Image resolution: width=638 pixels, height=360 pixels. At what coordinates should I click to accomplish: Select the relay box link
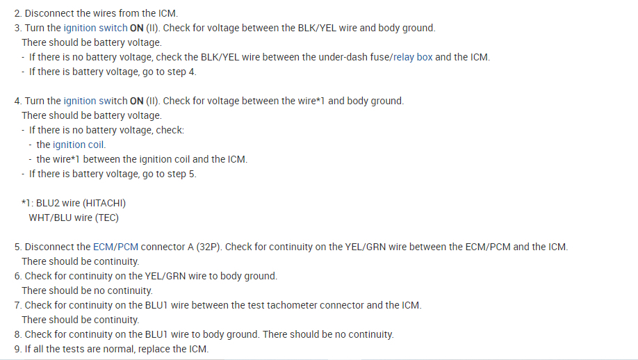coord(412,57)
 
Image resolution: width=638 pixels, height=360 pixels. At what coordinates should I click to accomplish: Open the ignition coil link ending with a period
coord(80,145)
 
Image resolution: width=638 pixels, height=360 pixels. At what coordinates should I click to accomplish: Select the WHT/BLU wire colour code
coord(51,218)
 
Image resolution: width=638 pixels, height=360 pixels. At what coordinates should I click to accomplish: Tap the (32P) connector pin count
coord(207,247)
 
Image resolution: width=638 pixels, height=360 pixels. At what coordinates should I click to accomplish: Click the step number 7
coord(17,305)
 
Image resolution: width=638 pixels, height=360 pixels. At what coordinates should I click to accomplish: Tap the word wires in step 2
coord(104,13)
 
